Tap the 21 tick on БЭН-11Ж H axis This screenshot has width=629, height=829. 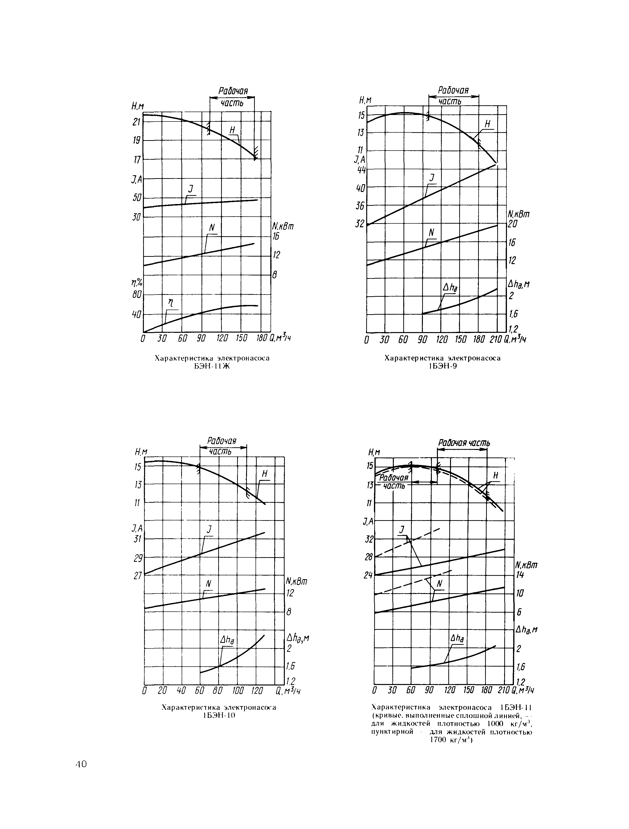coord(137,122)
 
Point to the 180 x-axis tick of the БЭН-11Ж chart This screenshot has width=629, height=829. coord(262,338)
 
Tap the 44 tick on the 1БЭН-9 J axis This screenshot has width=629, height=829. coord(362,169)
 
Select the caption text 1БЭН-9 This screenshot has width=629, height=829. coord(443,366)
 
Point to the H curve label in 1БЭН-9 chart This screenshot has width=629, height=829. coord(488,124)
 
